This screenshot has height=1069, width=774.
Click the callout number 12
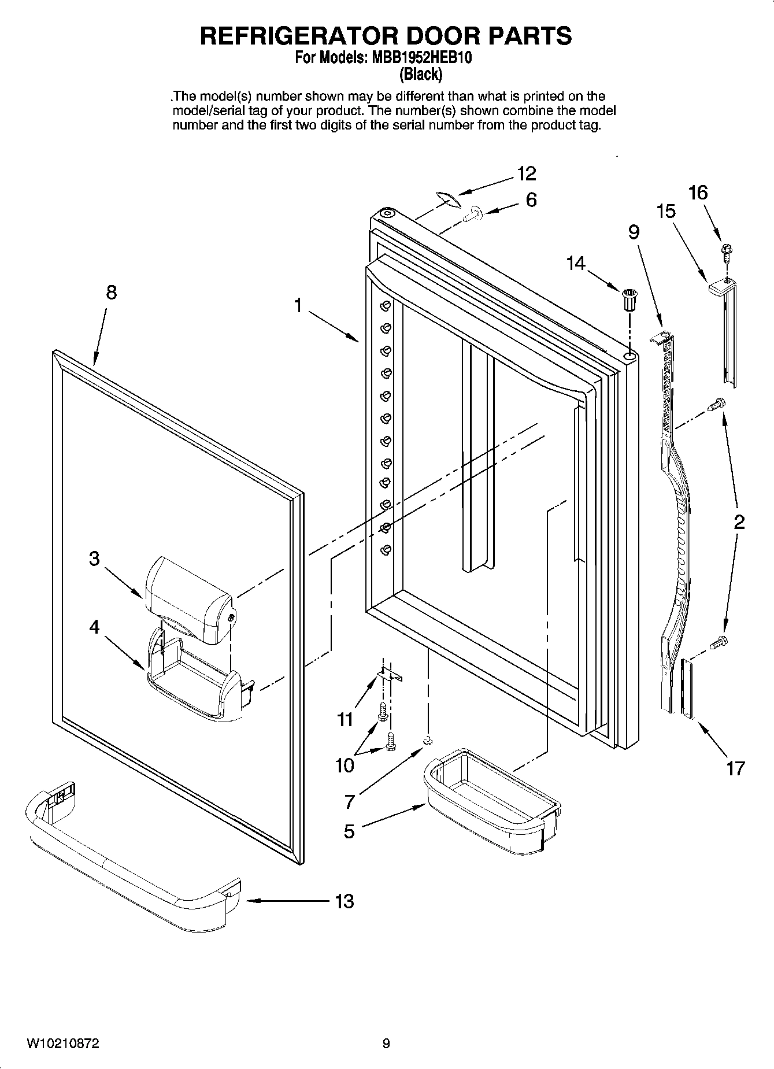(x=526, y=173)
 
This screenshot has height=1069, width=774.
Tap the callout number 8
(x=111, y=293)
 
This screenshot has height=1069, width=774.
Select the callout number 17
(x=735, y=768)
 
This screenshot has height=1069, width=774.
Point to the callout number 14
(x=576, y=264)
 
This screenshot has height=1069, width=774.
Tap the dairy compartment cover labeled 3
(x=188, y=598)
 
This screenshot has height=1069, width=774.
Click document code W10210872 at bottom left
(x=62, y=1044)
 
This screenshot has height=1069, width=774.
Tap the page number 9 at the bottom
(x=386, y=1044)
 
